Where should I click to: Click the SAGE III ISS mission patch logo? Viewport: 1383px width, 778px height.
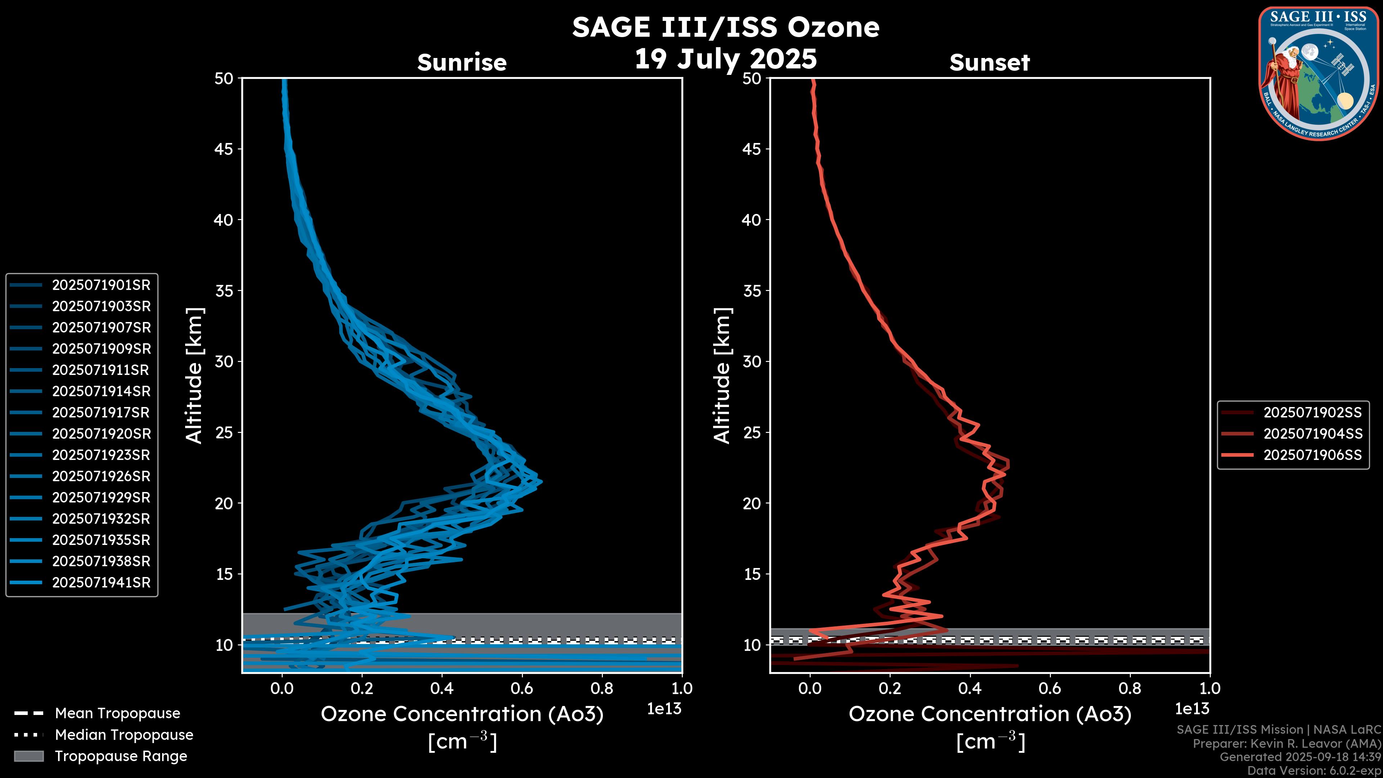click(x=1319, y=73)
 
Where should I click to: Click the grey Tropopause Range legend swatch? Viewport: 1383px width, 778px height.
click(x=28, y=756)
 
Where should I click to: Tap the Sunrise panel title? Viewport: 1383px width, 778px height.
click(x=462, y=62)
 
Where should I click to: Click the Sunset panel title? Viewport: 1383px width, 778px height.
click(x=989, y=62)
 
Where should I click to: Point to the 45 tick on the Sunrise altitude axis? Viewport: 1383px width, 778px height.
click(x=224, y=149)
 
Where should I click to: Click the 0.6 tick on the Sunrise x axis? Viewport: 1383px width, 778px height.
click(x=522, y=688)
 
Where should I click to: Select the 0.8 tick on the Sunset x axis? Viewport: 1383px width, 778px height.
click(x=1129, y=688)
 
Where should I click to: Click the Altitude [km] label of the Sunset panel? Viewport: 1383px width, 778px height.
click(x=722, y=376)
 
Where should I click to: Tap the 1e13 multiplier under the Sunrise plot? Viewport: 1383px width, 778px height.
click(x=664, y=709)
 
